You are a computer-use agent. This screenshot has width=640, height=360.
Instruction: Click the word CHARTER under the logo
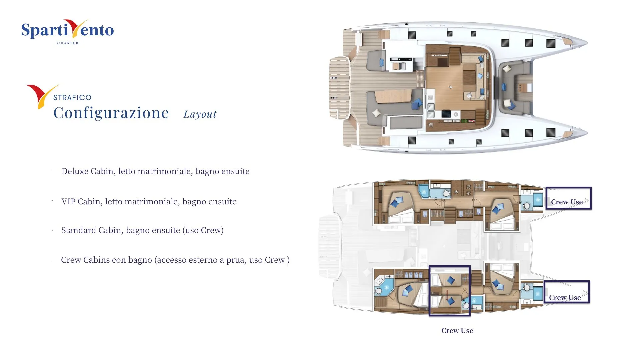pyautogui.click(x=68, y=43)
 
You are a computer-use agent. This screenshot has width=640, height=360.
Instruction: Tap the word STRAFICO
pyautogui.click(x=72, y=97)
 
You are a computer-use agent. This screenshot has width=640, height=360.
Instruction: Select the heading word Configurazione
pyautogui.click(x=111, y=113)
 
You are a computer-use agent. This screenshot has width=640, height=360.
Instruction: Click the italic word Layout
pyautogui.click(x=200, y=114)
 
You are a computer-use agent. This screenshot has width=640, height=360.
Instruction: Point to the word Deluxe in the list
pyautogui.click(x=75, y=171)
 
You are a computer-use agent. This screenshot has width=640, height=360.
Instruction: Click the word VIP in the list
pyautogui.click(x=68, y=201)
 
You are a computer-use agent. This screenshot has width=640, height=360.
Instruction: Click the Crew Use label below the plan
pyautogui.click(x=457, y=330)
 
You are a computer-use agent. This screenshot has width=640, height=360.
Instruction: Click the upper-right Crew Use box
pyautogui.click(x=569, y=198)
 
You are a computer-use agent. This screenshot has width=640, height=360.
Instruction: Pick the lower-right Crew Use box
pyautogui.click(x=567, y=292)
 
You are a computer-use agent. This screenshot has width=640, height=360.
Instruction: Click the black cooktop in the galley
pyautogui.click(x=446, y=114)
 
